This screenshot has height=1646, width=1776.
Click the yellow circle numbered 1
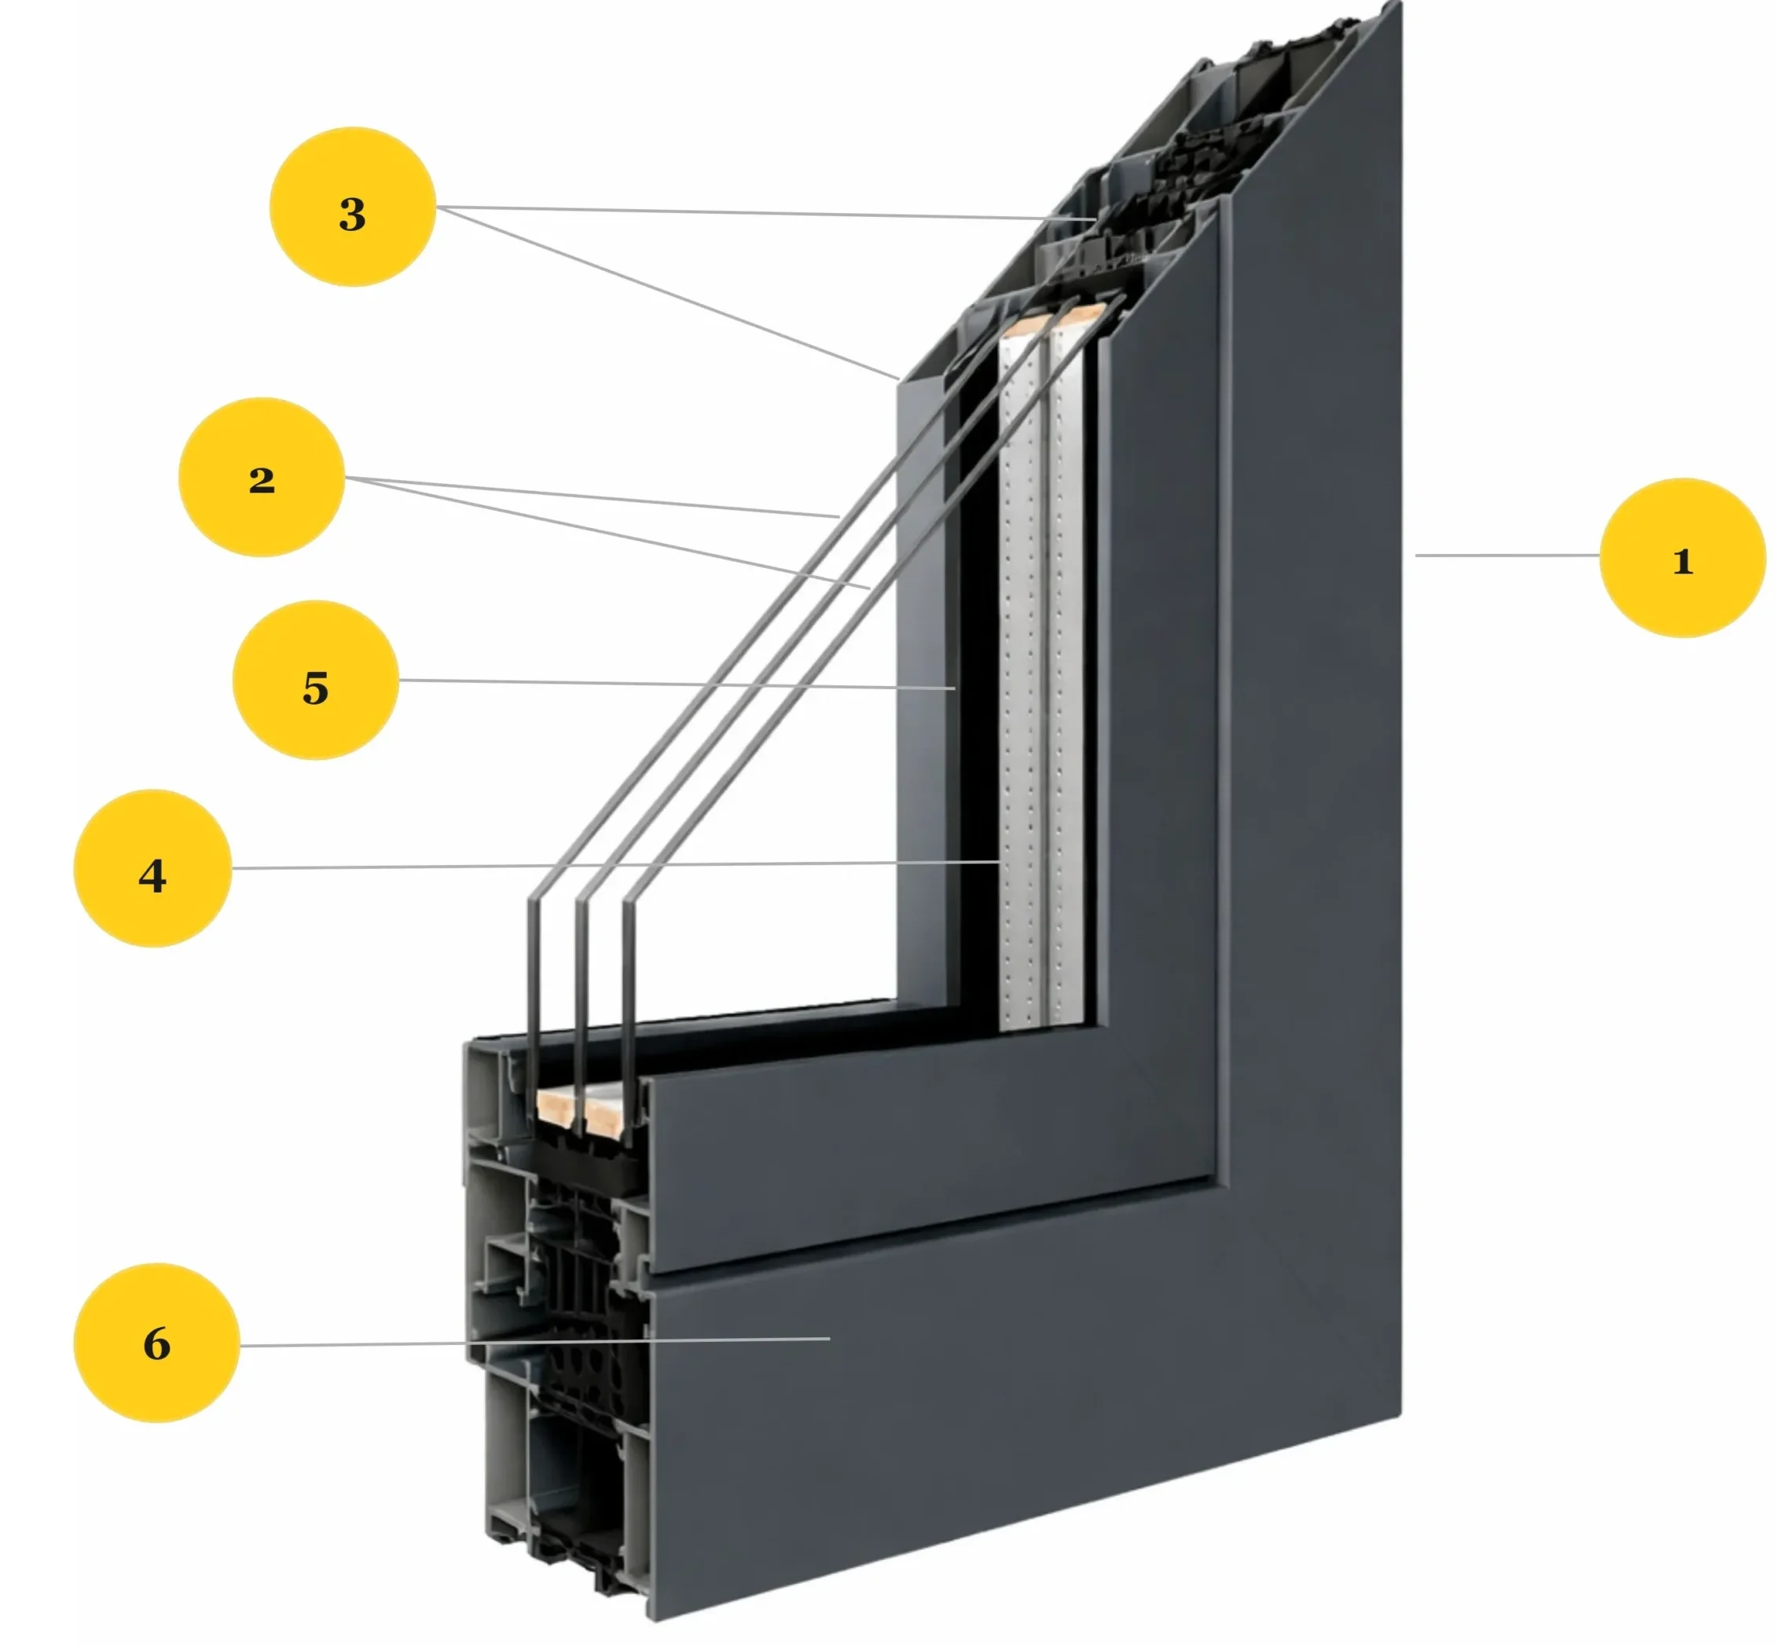1682,558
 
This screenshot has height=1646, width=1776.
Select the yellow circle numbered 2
261,478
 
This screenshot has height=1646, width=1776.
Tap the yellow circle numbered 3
352,207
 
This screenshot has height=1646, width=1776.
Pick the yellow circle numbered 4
152,868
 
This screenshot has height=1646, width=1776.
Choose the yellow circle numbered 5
315,680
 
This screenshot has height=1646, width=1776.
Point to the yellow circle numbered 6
156,1344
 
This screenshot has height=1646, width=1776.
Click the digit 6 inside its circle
156,1344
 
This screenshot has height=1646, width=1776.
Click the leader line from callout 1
1505,555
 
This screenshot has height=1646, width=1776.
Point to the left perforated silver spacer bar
1020,677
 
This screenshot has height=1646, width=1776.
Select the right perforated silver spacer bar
1066,677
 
